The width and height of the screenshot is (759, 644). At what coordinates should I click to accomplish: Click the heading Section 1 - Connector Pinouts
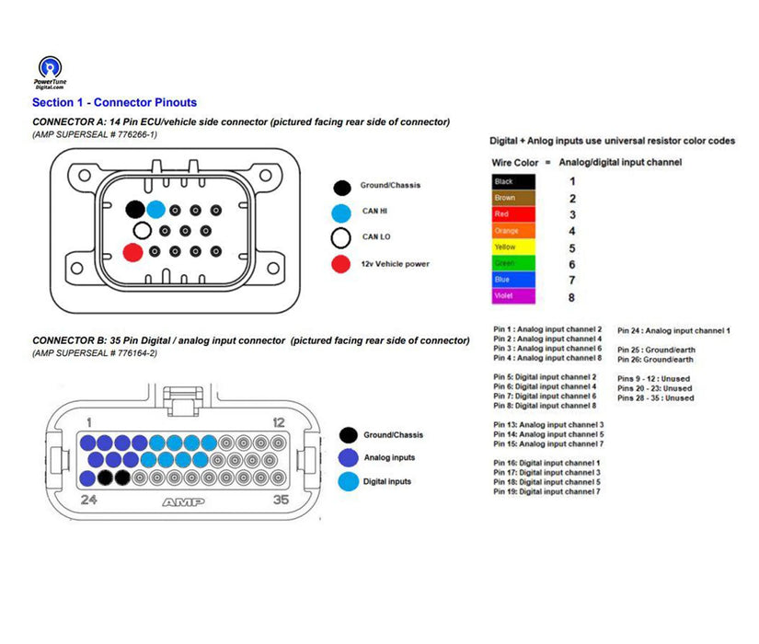tap(114, 103)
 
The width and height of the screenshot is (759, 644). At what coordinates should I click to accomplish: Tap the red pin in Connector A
tap(132, 251)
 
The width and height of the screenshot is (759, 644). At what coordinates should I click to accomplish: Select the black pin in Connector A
tap(135, 209)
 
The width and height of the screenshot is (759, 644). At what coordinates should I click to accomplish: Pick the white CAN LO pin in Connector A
tap(142, 230)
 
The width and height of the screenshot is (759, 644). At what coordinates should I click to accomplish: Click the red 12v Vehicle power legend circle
tap(342, 264)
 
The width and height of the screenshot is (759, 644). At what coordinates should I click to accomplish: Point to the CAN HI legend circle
tap(342, 212)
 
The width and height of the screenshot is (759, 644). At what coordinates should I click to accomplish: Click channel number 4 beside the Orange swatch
tap(571, 232)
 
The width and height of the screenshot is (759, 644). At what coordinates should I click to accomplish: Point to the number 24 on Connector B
tap(89, 501)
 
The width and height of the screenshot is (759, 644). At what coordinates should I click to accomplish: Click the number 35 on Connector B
tap(282, 501)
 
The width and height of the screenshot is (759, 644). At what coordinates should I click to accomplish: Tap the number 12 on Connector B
tap(280, 421)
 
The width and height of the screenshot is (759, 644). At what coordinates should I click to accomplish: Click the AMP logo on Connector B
tap(183, 502)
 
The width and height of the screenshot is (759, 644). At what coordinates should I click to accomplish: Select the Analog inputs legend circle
tap(349, 458)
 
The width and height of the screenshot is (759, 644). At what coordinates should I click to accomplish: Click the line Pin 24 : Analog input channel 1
tap(673, 329)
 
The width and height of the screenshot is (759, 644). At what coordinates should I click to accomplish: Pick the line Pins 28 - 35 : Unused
tap(656, 398)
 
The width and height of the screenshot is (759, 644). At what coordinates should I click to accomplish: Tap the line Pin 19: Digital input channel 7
tap(546, 492)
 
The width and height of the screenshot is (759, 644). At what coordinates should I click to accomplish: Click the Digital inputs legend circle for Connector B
tap(349, 481)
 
